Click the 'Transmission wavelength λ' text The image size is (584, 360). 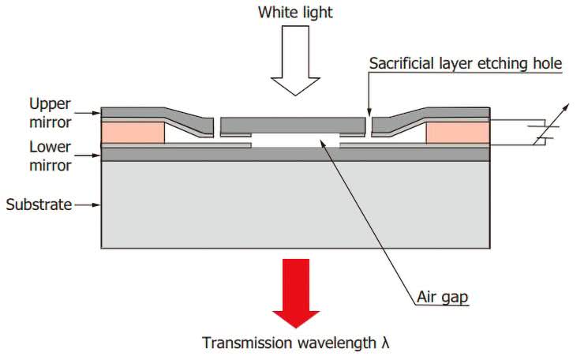tap(296, 343)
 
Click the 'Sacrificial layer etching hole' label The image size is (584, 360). tap(465, 64)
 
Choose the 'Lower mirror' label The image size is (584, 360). tap(50, 156)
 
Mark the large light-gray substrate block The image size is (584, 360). tap(296, 205)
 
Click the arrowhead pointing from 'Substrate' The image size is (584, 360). tap(97, 205)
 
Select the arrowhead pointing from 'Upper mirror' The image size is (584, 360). tap(97, 111)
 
